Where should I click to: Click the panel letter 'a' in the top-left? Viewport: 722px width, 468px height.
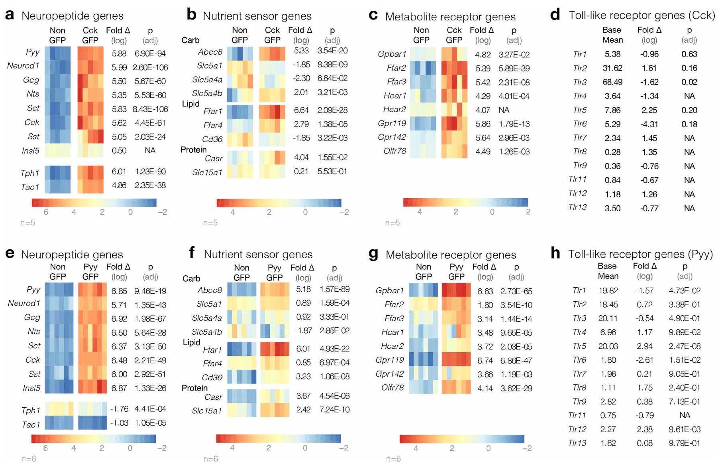10,16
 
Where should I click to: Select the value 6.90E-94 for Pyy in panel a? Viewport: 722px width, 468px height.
150,53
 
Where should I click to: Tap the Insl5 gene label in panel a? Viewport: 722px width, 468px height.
31,151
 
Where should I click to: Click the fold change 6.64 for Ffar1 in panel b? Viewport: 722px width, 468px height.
301,110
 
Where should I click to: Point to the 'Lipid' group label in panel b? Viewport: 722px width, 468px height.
190,104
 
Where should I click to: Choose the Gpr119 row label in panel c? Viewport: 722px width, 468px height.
392,124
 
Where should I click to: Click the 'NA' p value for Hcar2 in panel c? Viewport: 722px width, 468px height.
504,110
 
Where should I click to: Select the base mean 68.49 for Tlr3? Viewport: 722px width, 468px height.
612,82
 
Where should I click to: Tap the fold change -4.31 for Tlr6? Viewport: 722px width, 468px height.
649,124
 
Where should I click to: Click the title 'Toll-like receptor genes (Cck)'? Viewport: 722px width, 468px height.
642,16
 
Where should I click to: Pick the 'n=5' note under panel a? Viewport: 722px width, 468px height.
28,223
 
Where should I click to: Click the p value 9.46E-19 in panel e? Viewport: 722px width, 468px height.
150,291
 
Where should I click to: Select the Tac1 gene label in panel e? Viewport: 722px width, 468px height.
31,425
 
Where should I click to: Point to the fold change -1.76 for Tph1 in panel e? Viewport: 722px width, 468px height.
119,409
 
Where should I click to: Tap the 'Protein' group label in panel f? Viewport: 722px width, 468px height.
194,388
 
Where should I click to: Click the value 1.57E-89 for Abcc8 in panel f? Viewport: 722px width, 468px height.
334,289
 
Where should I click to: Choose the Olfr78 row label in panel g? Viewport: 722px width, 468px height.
392,388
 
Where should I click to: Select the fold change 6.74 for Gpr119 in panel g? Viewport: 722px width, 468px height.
485,361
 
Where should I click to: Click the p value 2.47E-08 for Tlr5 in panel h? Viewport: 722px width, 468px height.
685,346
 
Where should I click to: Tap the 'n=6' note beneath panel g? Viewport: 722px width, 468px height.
393,459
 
